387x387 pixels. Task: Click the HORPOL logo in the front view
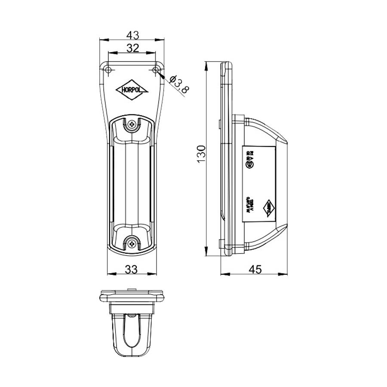tap(132, 90)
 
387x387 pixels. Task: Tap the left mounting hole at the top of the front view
tap(108, 70)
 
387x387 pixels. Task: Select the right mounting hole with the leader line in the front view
tap(156, 70)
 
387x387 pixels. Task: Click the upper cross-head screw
tap(132, 126)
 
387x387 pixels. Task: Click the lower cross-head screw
tap(132, 243)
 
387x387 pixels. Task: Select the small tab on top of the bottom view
tap(132, 289)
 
